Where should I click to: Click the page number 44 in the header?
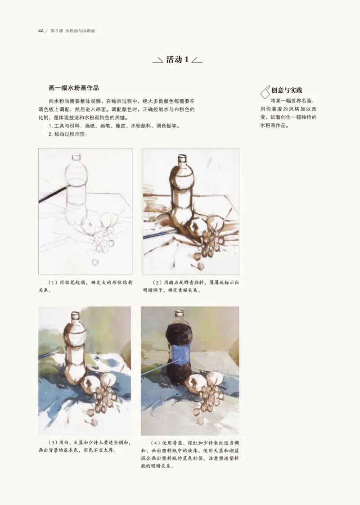[x=40, y=31]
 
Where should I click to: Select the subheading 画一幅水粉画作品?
[x=73, y=88]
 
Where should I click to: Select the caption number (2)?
[x=157, y=283]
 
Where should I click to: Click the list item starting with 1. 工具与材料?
[x=112, y=126]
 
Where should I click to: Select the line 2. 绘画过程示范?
[x=67, y=134]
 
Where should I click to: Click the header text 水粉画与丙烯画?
[x=80, y=31]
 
